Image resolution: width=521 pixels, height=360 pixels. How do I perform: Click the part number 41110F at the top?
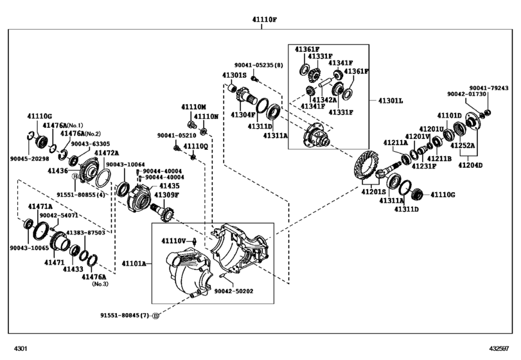(264, 20)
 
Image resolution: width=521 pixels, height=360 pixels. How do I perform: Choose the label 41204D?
(471, 165)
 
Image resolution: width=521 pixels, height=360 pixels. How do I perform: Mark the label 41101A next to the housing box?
(133, 264)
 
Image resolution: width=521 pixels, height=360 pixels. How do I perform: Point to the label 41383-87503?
(86, 232)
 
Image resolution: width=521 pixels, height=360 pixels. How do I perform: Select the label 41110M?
(193, 107)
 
